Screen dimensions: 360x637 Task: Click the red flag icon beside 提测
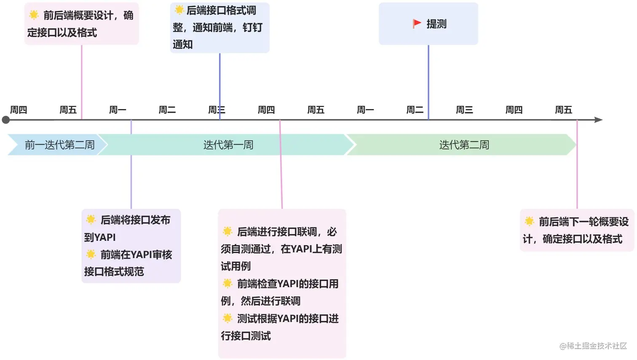417,24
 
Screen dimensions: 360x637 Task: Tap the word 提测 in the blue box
436,24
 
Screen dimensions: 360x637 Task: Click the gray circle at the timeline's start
6,120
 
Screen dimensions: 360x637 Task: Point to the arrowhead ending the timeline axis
598,120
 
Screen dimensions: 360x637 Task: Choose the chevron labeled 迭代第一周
228,145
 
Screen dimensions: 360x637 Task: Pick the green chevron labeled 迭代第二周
463,145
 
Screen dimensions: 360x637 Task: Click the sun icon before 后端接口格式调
179,10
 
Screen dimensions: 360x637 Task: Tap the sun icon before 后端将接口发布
91,219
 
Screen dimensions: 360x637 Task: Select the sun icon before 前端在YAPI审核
91,254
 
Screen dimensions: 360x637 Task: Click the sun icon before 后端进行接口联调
227,231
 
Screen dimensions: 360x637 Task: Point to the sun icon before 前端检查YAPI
227,283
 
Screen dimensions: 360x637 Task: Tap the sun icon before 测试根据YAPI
227,318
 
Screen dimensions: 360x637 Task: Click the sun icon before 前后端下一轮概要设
529,221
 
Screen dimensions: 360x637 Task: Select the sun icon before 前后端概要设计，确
34,15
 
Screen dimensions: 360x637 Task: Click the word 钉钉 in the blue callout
252,27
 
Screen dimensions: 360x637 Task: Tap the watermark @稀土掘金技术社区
593,346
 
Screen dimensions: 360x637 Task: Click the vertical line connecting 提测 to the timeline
428,80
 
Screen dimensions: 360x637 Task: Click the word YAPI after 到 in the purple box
105,237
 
